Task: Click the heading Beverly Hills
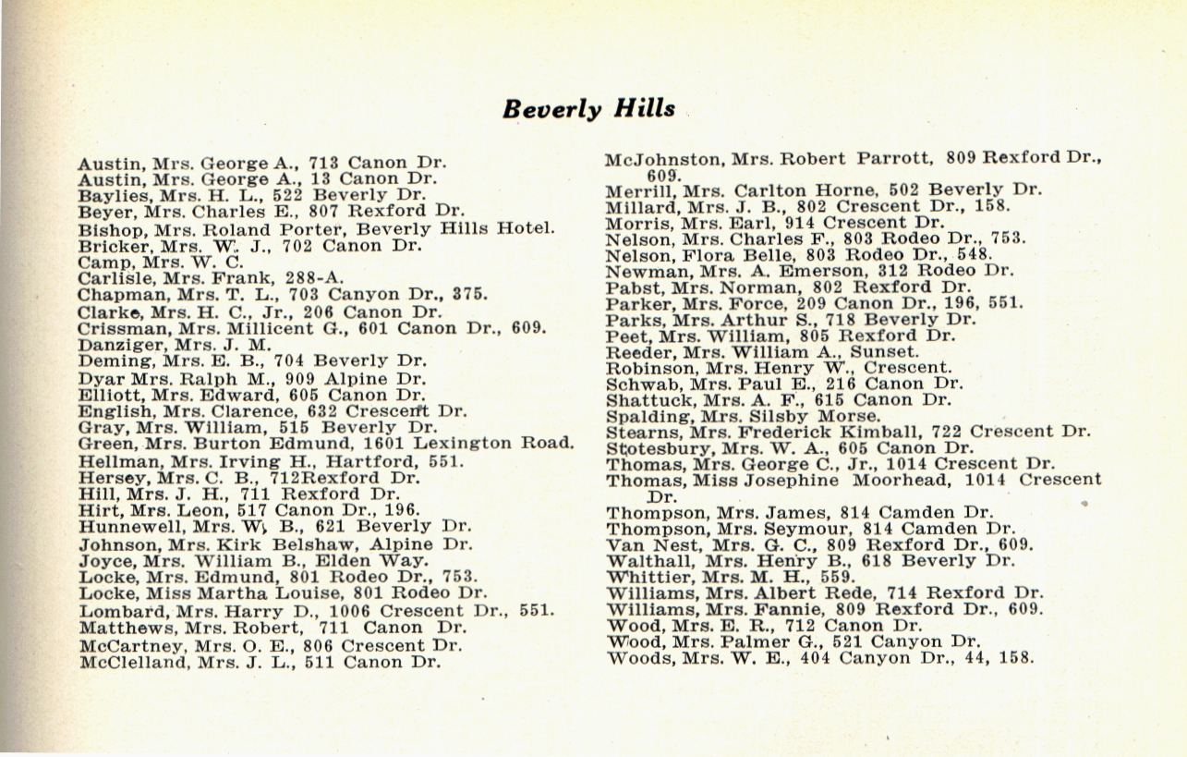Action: coord(588,108)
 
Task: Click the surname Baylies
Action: coord(108,195)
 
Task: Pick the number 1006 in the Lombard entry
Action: coord(350,610)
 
